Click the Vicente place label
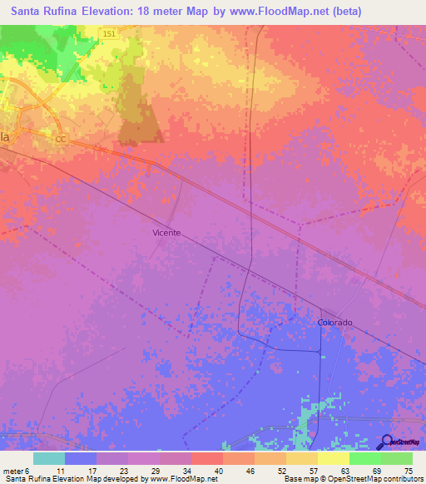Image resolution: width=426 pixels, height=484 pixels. pos(166,233)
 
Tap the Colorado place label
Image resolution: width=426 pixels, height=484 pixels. pos(335,322)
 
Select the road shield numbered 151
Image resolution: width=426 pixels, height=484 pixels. pos(110,33)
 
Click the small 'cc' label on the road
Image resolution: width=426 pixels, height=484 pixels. pos(60,140)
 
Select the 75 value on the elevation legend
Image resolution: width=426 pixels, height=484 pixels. pos(409,470)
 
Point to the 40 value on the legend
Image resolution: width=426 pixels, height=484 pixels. pos(217,470)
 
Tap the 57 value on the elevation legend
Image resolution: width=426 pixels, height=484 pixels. pos(313,470)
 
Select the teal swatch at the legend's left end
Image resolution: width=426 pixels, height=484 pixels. pos(49,458)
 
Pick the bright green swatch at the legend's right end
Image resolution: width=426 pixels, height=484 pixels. pos(397,458)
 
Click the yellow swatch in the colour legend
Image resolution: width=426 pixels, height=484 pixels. pos(334,458)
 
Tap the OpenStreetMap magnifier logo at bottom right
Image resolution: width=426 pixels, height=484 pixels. pos(386,442)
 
